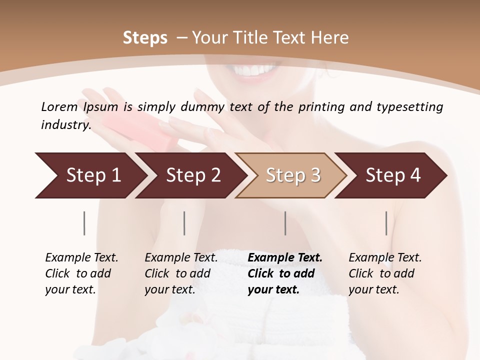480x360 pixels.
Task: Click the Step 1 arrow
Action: click(90, 175)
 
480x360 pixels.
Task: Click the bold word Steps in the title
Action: click(145, 38)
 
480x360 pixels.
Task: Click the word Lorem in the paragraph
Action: click(59, 106)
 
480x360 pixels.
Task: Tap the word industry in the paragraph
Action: click(65, 124)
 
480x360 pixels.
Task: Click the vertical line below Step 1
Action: click(84, 223)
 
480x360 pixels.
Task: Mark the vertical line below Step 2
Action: click(184, 223)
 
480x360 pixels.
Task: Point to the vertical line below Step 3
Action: click(285, 223)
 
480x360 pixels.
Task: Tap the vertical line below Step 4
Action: click(386, 223)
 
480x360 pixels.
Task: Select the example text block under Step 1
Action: click(81, 273)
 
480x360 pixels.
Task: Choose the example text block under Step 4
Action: click(385, 273)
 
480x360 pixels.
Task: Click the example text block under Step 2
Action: click(181, 273)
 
